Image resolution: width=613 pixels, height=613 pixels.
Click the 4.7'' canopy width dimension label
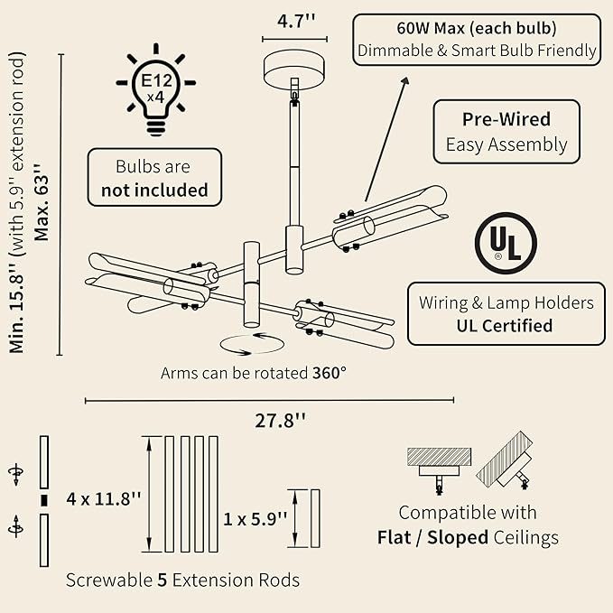pyautogui.click(x=296, y=21)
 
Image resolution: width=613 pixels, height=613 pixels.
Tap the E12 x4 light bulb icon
pyautogui.click(x=156, y=89)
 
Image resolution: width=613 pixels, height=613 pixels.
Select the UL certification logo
pyautogui.click(x=506, y=243)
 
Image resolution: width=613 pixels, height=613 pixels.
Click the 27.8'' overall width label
pyautogui.click(x=280, y=421)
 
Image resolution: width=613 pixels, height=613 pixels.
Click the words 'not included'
pyautogui.click(x=154, y=190)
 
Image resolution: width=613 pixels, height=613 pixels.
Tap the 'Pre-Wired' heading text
pyautogui.click(x=506, y=119)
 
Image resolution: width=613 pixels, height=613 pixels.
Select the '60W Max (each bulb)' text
pyautogui.click(x=477, y=28)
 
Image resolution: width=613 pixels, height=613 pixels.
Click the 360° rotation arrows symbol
pyautogui.click(x=252, y=344)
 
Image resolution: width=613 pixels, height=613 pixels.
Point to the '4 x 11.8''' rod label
pyautogui.click(x=103, y=499)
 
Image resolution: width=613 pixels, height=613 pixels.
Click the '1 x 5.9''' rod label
pyautogui.click(x=255, y=519)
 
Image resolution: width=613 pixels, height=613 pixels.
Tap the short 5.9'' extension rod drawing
pyautogui.click(x=315, y=518)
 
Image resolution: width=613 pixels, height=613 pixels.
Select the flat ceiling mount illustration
pyautogui.click(x=439, y=470)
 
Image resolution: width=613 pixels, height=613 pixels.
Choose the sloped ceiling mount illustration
pyautogui.click(x=506, y=460)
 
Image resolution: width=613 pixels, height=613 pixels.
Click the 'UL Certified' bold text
pyautogui.click(x=505, y=326)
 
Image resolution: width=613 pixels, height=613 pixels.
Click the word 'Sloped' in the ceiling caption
pyautogui.click(x=458, y=537)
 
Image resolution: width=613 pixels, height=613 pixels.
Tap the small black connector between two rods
pyautogui.click(x=44, y=501)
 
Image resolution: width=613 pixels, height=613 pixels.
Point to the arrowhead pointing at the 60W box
pyautogui.click(x=405, y=81)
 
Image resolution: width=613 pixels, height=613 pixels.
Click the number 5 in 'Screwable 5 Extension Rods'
pyautogui.click(x=163, y=580)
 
